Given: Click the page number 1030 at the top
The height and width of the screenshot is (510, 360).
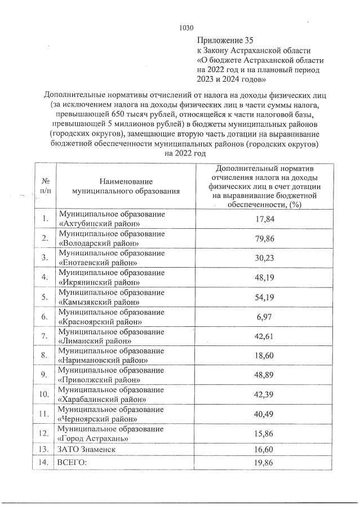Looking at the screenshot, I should coord(186,27).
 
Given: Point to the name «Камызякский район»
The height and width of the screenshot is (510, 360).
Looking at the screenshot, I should coord(99,301).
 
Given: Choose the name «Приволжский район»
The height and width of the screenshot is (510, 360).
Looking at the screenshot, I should coord(99,380).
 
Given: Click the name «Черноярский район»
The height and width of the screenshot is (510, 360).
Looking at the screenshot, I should coord(99,419).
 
